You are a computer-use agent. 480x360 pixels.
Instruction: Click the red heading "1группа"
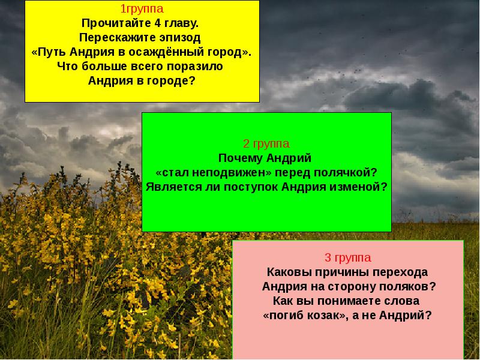[142, 10]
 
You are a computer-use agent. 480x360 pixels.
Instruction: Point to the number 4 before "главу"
[156, 23]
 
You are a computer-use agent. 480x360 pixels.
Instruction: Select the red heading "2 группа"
[266, 144]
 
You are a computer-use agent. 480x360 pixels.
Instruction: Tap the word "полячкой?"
[347, 172]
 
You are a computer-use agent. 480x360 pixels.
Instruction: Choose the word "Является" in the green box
[171, 187]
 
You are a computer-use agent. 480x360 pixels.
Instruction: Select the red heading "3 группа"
[347, 258]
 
